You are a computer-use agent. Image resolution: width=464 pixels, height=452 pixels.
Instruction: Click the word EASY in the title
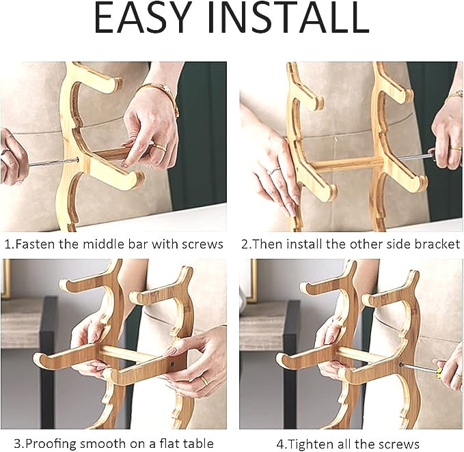coord(142,18)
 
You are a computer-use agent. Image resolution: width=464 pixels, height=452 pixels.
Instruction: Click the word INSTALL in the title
coord(288,18)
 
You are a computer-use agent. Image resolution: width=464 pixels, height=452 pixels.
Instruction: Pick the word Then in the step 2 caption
coord(268,244)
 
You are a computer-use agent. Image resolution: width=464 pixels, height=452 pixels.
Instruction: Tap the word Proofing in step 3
coord(51,443)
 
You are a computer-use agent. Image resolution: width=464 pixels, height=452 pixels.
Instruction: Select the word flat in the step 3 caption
coord(169,443)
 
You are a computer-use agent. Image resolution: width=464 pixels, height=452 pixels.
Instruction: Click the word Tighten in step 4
coord(310,444)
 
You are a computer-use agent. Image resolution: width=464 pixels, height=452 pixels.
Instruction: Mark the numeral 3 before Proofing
coord(18,444)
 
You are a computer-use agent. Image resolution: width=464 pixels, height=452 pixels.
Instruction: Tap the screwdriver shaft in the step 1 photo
coord(53,162)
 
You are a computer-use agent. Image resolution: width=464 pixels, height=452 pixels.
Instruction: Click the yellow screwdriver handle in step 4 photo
coord(439,373)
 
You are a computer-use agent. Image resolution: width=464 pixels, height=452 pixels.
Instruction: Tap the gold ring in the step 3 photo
coord(204,380)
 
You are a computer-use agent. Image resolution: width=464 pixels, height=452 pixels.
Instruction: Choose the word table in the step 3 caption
coord(198,443)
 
